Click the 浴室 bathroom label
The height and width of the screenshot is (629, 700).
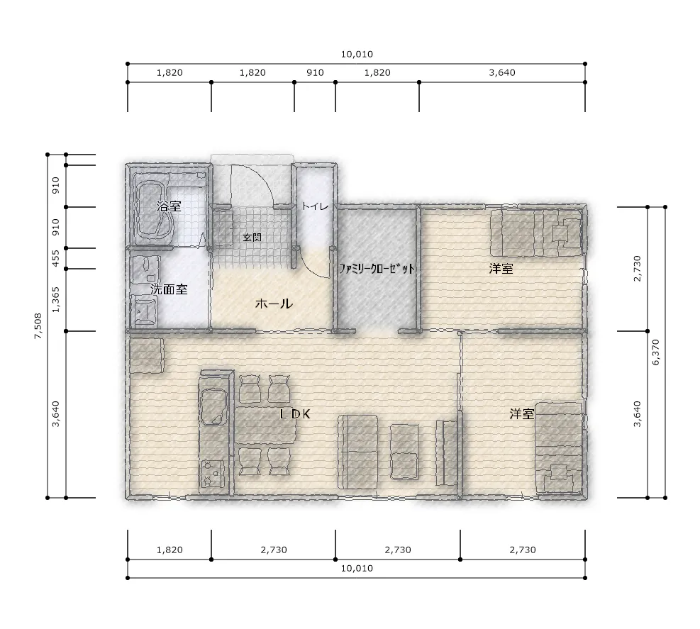(170, 206)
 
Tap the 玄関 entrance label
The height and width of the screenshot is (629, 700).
(252, 237)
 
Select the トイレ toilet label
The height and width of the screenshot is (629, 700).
(315, 206)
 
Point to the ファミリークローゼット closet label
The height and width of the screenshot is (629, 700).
(377, 269)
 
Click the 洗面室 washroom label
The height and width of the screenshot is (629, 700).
(169, 289)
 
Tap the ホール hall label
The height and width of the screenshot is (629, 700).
(274, 304)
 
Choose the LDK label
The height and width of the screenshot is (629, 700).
(295, 414)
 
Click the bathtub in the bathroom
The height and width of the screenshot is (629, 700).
(155, 211)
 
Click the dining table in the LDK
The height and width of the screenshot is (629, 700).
(266, 425)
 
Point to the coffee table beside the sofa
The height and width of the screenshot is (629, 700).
(404, 451)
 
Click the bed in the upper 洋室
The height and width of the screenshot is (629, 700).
(536, 233)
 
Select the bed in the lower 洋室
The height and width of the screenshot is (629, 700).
(559, 447)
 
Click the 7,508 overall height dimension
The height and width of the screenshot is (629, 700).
(38, 326)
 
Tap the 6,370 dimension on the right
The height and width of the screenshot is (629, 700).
(656, 352)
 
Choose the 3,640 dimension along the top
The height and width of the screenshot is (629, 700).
(502, 73)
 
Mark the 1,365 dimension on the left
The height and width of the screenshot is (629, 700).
(55, 300)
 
